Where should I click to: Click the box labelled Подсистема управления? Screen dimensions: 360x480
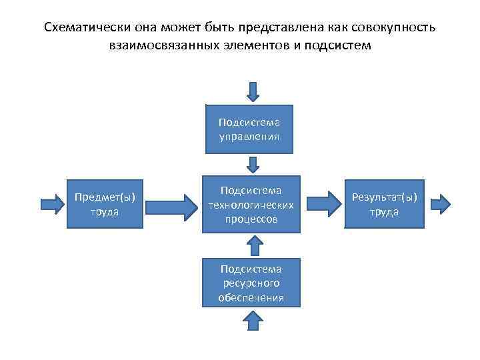pyautogui.click(x=249, y=129)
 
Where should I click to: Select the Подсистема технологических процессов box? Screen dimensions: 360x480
pyautogui.click(x=249, y=205)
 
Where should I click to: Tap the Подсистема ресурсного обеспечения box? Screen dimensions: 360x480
pyautogui.click(x=249, y=283)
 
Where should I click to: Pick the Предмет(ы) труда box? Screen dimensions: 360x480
pyautogui.click(x=105, y=205)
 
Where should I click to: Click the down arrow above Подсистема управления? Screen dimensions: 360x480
pyautogui.click(x=253, y=92)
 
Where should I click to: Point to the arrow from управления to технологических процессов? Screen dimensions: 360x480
pyautogui.click(x=253, y=164)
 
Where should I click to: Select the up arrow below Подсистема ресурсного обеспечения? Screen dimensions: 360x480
pyautogui.click(x=253, y=321)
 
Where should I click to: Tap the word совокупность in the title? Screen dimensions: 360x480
pyautogui.click(x=392, y=29)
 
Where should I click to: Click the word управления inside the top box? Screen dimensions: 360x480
pyautogui.click(x=249, y=136)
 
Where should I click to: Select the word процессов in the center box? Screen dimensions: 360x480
pyautogui.click(x=249, y=219)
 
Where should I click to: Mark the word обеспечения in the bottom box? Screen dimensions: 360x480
pyautogui.click(x=251, y=297)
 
